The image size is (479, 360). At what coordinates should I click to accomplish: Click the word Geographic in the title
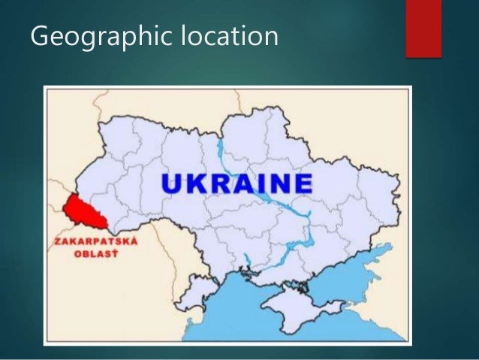101,36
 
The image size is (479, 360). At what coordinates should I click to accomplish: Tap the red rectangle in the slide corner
423,28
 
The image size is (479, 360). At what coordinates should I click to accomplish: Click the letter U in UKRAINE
174,183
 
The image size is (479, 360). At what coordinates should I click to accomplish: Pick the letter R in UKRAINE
221,183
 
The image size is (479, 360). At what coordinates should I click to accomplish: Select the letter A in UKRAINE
246,183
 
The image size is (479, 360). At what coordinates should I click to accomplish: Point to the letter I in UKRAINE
264,183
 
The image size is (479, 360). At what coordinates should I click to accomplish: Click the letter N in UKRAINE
281,183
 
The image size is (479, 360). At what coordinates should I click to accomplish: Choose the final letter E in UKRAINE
303,183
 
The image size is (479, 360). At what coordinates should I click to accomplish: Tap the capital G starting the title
38,35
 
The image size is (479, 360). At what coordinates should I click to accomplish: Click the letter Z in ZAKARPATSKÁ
55,242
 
